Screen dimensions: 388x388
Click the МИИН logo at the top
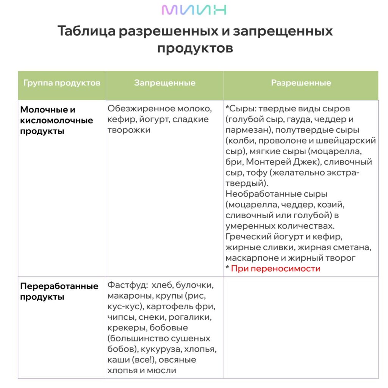[x=194, y=10]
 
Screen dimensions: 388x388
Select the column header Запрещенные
[x=164, y=83]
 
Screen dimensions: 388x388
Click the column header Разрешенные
[x=301, y=83]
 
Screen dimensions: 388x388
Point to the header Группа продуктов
[x=62, y=83]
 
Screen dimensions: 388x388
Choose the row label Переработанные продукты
[x=59, y=291]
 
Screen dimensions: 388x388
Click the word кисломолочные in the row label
[x=56, y=120]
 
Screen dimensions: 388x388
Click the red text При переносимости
[x=275, y=269]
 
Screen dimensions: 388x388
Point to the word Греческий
[x=248, y=237]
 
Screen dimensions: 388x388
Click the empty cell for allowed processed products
[x=301, y=327]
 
